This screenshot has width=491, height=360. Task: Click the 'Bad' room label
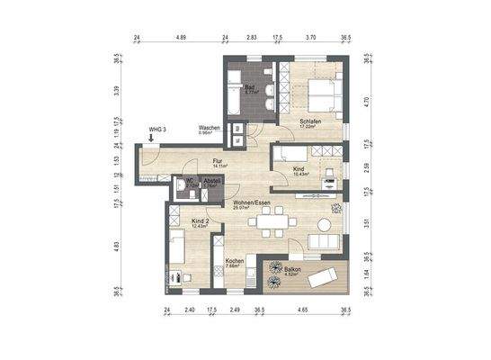click(249, 86)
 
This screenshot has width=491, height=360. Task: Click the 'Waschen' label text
click(210, 128)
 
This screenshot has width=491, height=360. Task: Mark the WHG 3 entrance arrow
click(151, 139)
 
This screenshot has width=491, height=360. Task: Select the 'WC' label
click(191, 178)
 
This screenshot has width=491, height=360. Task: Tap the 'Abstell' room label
click(212, 179)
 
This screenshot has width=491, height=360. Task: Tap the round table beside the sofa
click(336, 210)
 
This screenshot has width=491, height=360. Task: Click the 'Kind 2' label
click(201, 220)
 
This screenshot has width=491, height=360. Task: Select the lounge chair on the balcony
click(321, 277)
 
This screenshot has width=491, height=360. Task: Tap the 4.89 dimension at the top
click(181, 39)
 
